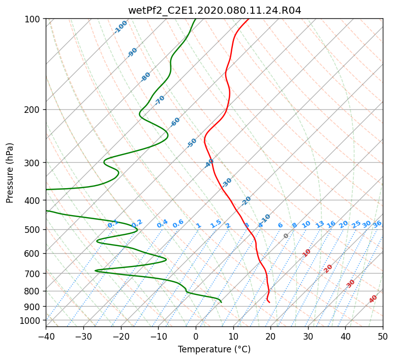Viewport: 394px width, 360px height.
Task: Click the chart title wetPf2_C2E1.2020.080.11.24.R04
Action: (x=215, y=11)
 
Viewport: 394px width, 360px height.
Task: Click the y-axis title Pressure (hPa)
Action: (x=10, y=173)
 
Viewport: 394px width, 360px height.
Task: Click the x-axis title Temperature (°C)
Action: (x=215, y=349)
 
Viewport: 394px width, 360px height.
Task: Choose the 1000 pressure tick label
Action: (x=33, y=320)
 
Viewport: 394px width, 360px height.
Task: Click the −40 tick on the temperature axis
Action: (x=46, y=336)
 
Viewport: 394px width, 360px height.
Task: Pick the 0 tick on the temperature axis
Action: (x=196, y=336)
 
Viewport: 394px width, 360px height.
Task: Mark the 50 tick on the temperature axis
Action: (x=383, y=336)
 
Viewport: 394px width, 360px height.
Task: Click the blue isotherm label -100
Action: (x=121, y=27)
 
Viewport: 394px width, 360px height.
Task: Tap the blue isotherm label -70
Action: (x=159, y=100)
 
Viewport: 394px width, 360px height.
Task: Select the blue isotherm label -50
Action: (x=192, y=143)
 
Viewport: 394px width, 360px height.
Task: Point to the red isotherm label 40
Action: (x=373, y=299)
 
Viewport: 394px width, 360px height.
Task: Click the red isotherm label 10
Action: (x=307, y=253)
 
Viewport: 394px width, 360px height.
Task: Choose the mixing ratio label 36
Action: (x=377, y=224)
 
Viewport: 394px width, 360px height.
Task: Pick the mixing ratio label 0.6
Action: (x=178, y=224)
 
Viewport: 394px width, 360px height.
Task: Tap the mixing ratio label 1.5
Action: (x=216, y=224)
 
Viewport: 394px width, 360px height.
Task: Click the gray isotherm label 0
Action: (x=286, y=236)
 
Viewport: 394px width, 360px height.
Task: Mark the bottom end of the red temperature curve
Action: (x=269, y=302)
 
